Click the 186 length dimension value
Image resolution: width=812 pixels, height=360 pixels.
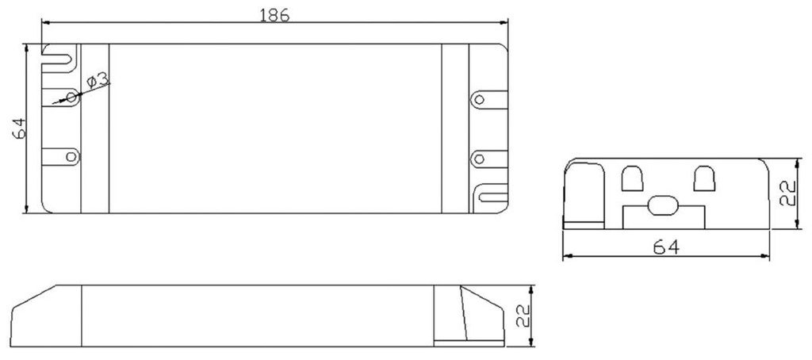(274, 15)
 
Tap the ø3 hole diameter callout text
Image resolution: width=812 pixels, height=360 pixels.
(98, 80)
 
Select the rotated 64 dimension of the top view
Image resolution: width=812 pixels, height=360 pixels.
(19, 128)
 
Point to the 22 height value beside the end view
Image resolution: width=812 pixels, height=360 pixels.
(787, 193)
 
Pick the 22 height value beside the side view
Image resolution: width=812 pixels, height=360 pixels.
(523, 315)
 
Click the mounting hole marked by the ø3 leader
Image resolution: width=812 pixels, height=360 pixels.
(71, 97)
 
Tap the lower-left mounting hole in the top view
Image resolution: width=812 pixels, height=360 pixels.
(71, 156)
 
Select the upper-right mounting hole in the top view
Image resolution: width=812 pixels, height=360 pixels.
(480, 99)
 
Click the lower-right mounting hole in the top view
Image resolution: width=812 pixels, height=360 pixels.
(479, 159)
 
